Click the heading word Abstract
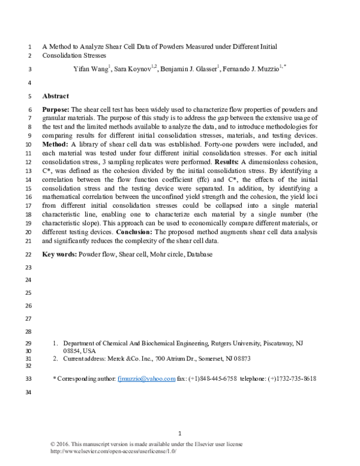56,96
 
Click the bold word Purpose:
57,110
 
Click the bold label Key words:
60,255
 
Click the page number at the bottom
180,434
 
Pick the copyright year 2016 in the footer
67,444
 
